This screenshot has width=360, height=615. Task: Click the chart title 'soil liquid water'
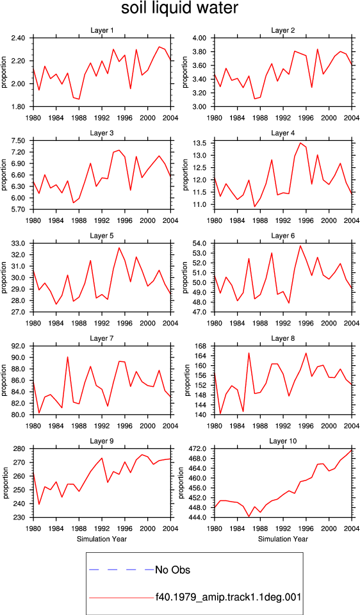pyautogui.click(x=179, y=8)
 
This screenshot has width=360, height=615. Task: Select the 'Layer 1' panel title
pyautogui.click(x=102, y=30)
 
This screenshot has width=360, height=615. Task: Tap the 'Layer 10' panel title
pyautogui.click(x=283, y=441)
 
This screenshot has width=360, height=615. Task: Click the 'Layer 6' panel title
pyautogui.click(x=283, y=236)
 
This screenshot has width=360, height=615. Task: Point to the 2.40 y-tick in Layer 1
pyautogui.click(x=18, y=38)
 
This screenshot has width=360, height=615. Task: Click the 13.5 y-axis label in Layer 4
pyautogui.click(x=200, y=143)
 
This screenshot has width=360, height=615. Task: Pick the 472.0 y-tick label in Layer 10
pyautogui.click(x=198, y=448)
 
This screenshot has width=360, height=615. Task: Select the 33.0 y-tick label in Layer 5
pyautogui.click(x=18, y=243)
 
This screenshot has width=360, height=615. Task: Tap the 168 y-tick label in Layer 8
pyautogui.click(x=201, y=347)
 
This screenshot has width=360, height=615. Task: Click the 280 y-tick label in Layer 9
pyautogui.click(x=20, y=448)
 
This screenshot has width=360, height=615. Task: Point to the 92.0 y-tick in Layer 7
pyautogui.click(x=18, y=347)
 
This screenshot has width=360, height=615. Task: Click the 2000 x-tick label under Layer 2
pyautogui.click(x=329, y=118)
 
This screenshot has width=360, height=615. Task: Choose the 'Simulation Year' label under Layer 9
pyautogui.click(x=102, y=539)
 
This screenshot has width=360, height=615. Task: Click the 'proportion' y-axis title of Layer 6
pyautogui.click(x=186, y=277)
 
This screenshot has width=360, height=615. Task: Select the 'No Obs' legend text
pyautogui.click(x=172, y=570)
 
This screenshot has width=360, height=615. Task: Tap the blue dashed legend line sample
pyautogui.click(x=122, y=570)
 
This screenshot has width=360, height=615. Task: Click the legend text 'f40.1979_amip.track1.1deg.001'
pyautogui.click(x=228, y=598)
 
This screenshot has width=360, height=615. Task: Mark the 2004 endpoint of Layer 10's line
pyautogui.click(x=352, y=450)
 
